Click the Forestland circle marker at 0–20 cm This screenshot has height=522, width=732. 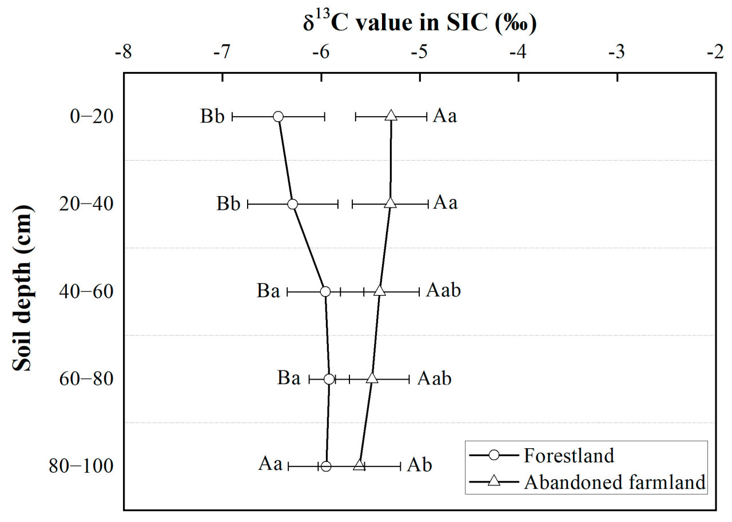278,116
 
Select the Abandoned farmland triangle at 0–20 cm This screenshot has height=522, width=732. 391,116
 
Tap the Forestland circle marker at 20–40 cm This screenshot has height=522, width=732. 293,204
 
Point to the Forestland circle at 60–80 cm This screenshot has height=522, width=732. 329,379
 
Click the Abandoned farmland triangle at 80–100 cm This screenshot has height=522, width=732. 359,465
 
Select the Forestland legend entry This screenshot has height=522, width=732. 568,456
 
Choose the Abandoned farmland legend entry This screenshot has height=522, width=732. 614,482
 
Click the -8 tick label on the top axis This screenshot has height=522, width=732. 123,51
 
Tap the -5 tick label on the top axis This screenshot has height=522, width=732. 419,51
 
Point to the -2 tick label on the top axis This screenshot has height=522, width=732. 715,51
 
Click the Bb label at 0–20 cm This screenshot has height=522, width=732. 212,117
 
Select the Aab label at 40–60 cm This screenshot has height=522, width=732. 444,291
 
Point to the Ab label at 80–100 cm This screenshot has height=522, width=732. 419,465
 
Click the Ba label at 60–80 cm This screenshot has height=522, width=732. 289,378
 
